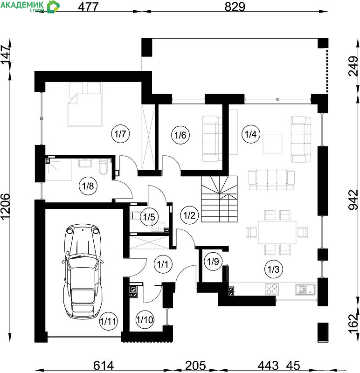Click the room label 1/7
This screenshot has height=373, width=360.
120,134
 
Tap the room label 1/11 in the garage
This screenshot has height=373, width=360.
108,321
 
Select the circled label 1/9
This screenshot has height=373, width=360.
213,262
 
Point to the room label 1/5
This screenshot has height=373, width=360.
149,217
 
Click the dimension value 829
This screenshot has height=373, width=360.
235,7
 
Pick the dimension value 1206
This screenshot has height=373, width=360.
6,206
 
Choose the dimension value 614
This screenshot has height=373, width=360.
104,366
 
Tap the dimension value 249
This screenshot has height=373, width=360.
353,66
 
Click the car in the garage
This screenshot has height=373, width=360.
83,271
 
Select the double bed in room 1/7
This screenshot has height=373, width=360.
85,104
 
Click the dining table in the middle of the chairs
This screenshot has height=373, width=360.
277,232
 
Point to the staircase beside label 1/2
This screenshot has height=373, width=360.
219,199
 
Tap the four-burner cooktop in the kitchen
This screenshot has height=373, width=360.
272,289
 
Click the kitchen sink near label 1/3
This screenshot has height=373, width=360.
305,289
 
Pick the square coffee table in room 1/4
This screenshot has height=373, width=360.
272,144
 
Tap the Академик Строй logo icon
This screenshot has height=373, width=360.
53,7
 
